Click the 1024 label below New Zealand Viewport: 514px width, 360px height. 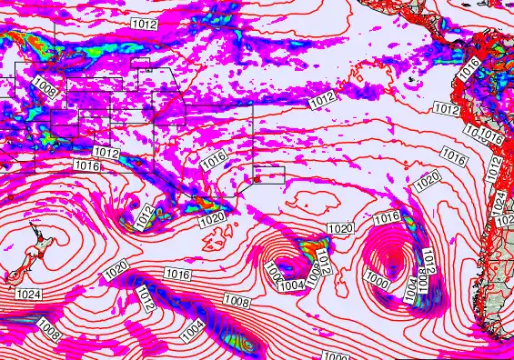pyautogui.click(x=28, y=294)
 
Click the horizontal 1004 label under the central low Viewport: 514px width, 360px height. pyautogui.click(x=290, y=285)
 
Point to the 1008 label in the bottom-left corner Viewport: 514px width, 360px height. pyautogui.click(x=49, y=333)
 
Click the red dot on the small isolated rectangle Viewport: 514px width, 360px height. pyautogui.click(x=257, y=178)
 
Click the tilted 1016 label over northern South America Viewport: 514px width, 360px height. pyautogui.click(x=469, y=67)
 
